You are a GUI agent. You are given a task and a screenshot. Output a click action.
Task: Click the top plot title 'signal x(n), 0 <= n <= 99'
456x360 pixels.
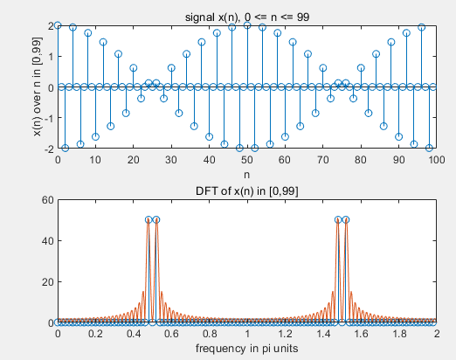coord(246,17)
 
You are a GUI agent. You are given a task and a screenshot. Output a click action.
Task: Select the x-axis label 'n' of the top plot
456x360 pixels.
coord(247,175)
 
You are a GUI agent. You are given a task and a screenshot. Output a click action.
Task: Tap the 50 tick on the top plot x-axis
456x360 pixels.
coord(247,161)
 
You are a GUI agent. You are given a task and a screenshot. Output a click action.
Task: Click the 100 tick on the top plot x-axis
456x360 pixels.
coord(436,161)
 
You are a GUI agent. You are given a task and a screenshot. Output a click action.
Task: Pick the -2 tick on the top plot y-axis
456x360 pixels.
coord(49,149)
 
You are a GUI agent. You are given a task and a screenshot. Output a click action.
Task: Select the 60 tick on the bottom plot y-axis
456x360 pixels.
coord(46,199)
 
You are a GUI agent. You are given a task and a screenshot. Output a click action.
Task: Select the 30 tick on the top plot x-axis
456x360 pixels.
coord(171,161)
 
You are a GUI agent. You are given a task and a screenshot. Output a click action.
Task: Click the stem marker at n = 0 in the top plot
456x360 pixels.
coord(58,25)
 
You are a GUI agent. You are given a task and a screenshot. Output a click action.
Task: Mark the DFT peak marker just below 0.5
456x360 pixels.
coord(149,219)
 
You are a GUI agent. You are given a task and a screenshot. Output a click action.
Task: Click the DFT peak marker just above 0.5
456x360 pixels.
coord(156,219)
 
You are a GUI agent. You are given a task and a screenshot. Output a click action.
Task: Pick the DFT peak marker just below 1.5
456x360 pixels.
coord(338,219)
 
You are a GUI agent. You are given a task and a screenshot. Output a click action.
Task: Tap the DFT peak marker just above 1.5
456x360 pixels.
coord(346,219)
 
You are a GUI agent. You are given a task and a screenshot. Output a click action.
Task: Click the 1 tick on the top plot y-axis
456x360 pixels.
coord(51,57)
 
